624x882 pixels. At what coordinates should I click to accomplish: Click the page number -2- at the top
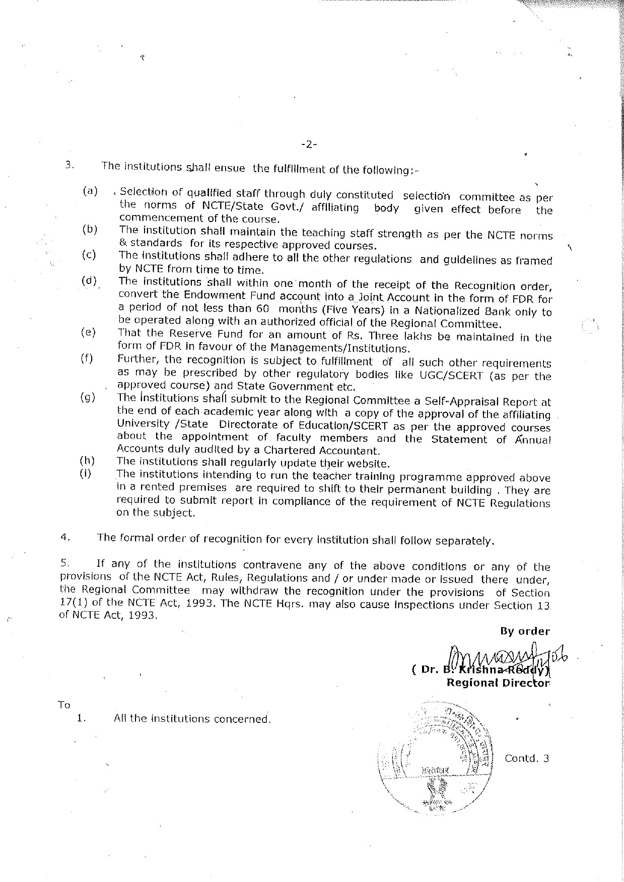(x=309, y=145)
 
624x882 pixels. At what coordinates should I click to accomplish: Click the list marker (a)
(x=90, y=191)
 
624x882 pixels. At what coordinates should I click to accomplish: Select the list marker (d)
(x=89, y=280)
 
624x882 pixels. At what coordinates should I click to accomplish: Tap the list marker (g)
(x=88, y=397)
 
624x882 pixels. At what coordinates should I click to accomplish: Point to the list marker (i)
(x=86, y=474)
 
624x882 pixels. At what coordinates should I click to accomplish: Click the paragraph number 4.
(x=64, y=537)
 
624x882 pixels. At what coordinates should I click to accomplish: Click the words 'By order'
(x=525, y=631)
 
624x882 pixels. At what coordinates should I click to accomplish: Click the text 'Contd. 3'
(x=526, y=758)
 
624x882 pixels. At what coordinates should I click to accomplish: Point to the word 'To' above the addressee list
(x=64, y=705)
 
